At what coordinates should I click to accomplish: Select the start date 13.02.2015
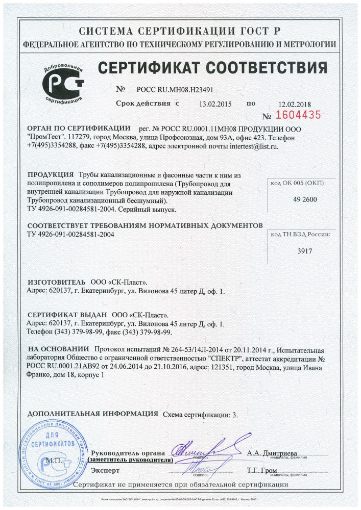point(215,104)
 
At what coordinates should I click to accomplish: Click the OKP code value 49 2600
point(300,199)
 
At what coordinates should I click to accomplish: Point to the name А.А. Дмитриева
point(271,453)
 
